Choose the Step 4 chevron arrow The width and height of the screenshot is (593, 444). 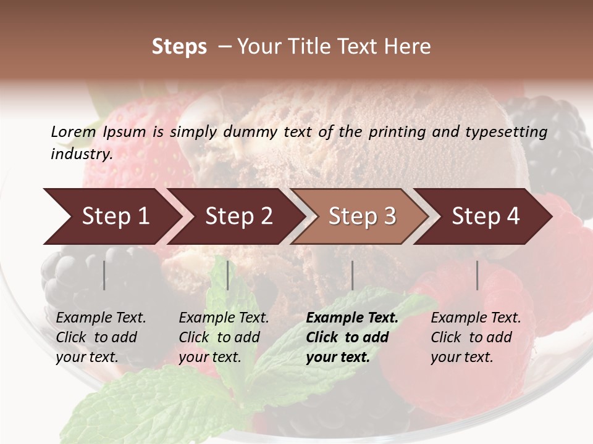pyautogui.click(x=486, y=216)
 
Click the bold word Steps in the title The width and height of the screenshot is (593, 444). pyautogui.click(x=179, y=47)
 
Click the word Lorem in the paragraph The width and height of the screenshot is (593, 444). pyautogui.click(x=73, y=131)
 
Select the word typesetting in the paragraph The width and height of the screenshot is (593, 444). pyautogui.click(x=509, y=131)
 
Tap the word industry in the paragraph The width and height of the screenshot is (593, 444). pyautogui.click(x=81, y=154)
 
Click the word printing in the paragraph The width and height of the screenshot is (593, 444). pyautogui.click(x=396, y=131)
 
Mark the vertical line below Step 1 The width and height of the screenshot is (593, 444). pyautogui.click(x=104, y=275)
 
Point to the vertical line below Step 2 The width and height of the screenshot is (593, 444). pyautogui.click(x=228, y=275)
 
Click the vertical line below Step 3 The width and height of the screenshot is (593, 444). pyautogui.click(x=353, y=275)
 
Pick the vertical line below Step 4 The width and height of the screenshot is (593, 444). pyautogui.click(x=477, y=275)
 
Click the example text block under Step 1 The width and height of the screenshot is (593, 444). pyautogui.click(x=101, y=337)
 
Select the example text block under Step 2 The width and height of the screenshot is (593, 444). pyautogui.click(x=224, y=337)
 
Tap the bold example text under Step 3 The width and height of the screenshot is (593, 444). pyautogui.click(x=352, y=337)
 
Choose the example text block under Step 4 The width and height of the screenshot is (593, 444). pyautogui.click(x=476, y=337)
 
